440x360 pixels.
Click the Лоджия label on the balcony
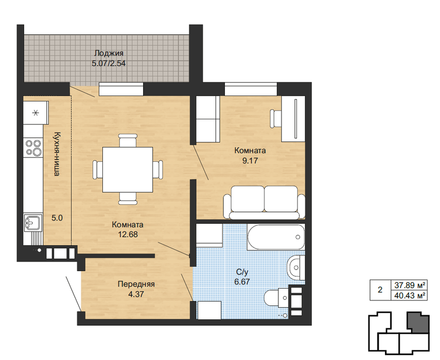(109, 53)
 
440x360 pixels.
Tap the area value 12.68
(128, 235)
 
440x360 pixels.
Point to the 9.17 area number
(250, 160)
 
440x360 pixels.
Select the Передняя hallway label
(136, 284)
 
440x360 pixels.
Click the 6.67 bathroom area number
(242, 281)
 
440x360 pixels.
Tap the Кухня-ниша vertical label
(57, 154)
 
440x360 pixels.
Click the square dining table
(128, 170)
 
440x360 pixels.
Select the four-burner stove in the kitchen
(33, 148)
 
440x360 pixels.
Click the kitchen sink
(33, 223)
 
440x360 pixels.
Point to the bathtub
(276, 237)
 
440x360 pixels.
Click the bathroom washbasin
(296, 267)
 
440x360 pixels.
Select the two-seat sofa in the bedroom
(265, 202)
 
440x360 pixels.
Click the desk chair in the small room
(276, 119)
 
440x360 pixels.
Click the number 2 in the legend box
(380, 290)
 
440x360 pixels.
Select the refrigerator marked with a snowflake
(36, 113)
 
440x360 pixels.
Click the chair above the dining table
(128, 140)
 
